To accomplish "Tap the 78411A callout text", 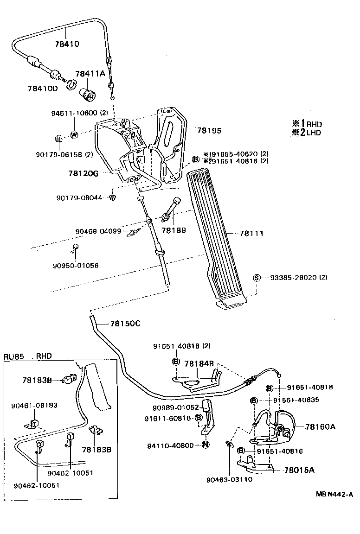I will coord(90,73).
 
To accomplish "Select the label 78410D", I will coord(42,88).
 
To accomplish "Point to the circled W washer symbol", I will coord(74,135).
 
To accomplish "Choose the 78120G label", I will coord(84,173).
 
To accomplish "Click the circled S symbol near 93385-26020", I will coord(255,278).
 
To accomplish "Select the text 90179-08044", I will coord(79,198).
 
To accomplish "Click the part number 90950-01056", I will coord(75,266).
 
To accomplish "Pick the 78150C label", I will coord(125,324).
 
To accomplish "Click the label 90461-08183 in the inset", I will coord(34,405).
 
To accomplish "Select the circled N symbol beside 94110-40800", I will coord(206,445).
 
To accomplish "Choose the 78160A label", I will coord(320,426).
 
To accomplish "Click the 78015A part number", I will coord(299,470).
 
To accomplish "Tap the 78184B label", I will coord(199,364).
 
